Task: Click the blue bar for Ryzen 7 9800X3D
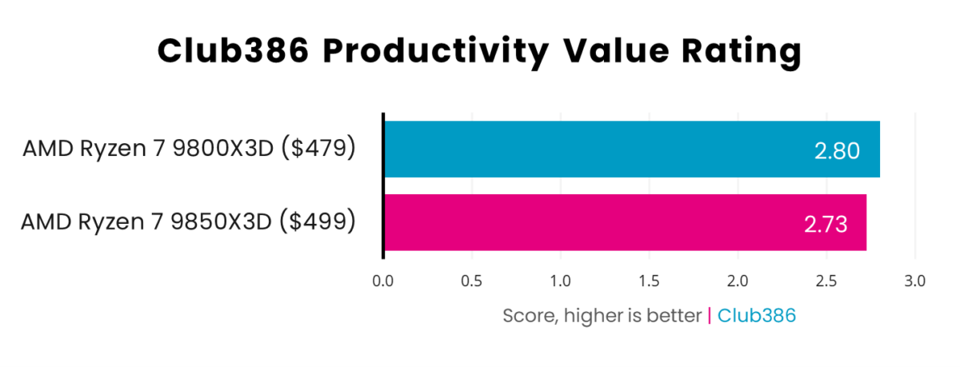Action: [632, 150]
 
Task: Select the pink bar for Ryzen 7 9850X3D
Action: [625, 222]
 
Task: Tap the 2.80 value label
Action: [837, 150]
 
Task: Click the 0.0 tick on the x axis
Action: [383, 281]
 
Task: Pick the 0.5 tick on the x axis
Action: [472, 281]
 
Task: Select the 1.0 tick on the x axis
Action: [560, 281]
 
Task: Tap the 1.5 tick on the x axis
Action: [649, 281]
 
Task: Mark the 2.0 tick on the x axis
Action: [738, 281]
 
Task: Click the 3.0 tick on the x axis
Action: [914, 281]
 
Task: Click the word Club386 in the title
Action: [233, 52]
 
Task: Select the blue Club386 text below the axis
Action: [757, 316]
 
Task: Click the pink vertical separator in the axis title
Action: [710, 316]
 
